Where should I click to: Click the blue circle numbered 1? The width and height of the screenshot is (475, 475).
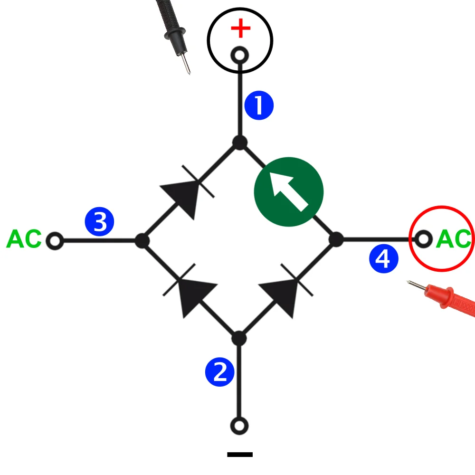(x=259, y=106)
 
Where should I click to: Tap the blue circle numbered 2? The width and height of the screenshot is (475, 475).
(x=219, y=372)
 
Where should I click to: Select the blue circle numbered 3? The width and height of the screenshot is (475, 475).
(x=100, y=222)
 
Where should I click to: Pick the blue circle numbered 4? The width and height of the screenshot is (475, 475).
(x=383, y=259)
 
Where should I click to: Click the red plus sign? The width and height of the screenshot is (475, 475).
(x=240, y=29)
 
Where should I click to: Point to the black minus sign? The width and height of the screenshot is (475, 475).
(x=240, y=455)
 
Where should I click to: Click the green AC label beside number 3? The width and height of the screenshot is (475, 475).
(x=24, y=239)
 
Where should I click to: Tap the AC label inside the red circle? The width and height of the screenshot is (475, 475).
(x=454, y=239)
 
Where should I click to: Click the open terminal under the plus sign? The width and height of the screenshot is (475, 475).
(x=240, y=56)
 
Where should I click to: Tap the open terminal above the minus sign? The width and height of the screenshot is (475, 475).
(x=239, y=425)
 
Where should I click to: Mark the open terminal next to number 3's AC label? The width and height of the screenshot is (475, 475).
(x=55, y=241)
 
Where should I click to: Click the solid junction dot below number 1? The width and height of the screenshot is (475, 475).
(x=240, y=142)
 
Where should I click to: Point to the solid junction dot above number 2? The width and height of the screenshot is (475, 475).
(x=239, y=339)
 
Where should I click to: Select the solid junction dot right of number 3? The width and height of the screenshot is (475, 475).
(x=142, y=241)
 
